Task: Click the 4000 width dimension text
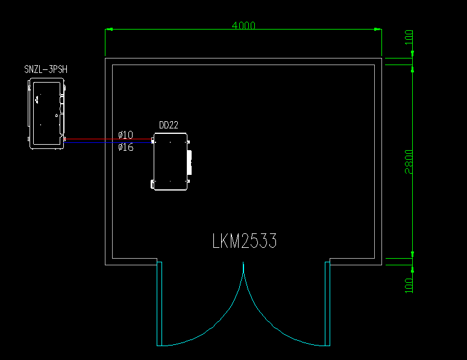point(243,25)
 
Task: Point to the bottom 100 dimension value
point(409,285)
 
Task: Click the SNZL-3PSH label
point(46,70)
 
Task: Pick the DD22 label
point(168,125)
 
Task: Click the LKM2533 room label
point(245,241)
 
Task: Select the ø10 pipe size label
point(126,134)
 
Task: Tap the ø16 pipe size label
point(126,147)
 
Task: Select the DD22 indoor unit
point(171,163)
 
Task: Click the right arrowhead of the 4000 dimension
point(377,29)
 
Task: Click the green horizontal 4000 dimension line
point(181,29)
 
